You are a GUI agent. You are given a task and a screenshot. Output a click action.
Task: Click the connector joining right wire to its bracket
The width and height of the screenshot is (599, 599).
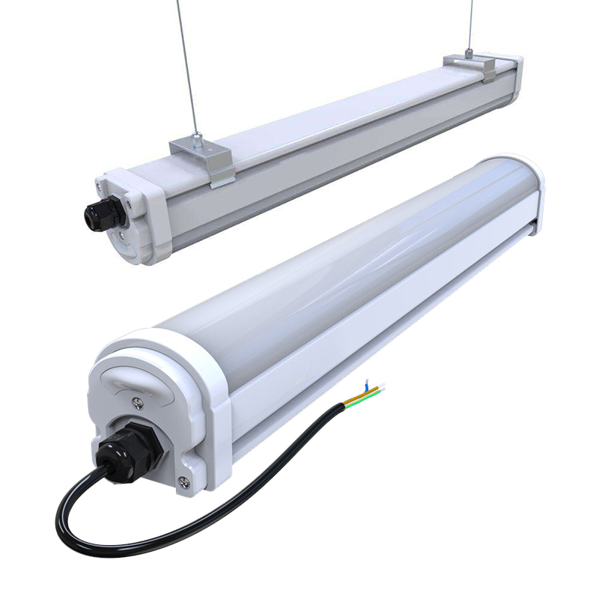click(x=469, y=53)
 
